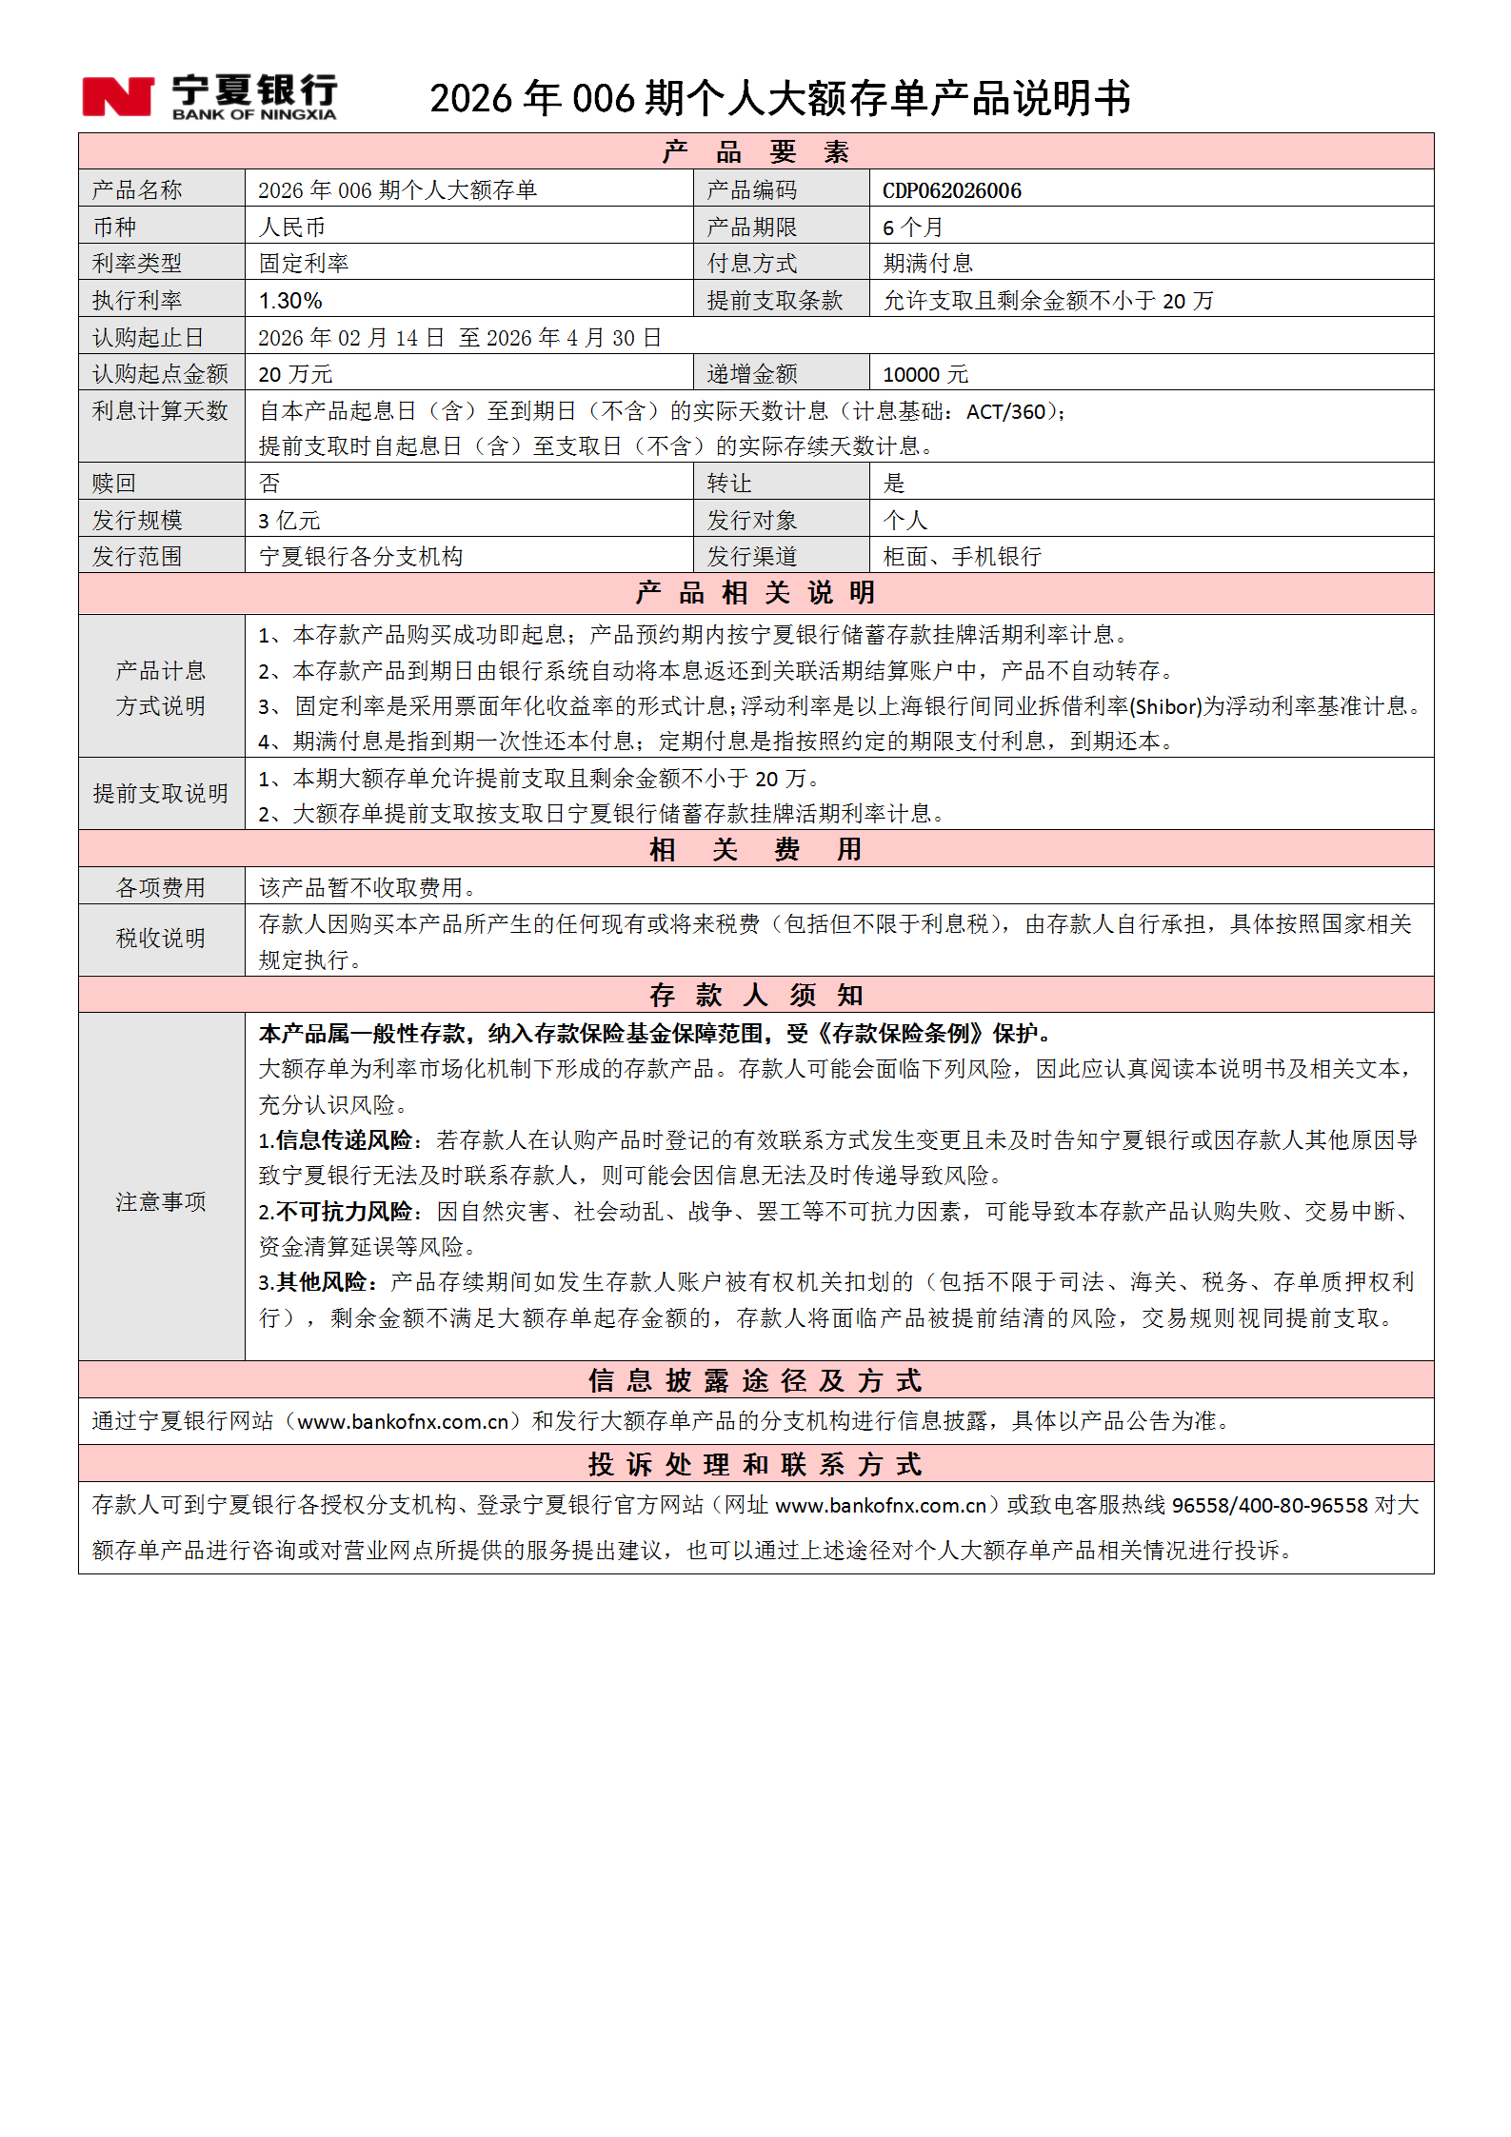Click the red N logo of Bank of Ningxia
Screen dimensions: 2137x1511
tap(117, 97)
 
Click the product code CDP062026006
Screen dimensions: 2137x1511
tap(951, 190)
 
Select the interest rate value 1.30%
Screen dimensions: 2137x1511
tap(290, 301)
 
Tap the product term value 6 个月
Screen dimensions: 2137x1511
tap(912, 228)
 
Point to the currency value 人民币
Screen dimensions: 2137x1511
tap(292, 228)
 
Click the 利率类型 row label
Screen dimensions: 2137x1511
tap(137, 264)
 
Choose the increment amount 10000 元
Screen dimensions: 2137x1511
tap(924, 374)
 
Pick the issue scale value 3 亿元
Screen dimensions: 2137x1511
tap(289, 521)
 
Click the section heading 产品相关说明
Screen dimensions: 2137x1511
tap(755, 593)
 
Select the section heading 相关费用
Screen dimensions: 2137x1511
tap(755, 849)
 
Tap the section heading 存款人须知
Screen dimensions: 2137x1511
tap(755, 996)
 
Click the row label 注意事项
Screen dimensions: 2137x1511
tap(161, 1202)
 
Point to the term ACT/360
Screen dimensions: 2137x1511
tap(1005, 412)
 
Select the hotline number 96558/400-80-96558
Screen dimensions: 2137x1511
tap(1269, 1505)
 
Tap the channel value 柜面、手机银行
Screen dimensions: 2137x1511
tap(962, 557)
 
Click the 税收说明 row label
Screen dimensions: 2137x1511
tap(161, 939)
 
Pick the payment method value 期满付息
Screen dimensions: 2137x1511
tap(927, 264)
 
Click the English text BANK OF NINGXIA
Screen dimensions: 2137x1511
tap(254, 115)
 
